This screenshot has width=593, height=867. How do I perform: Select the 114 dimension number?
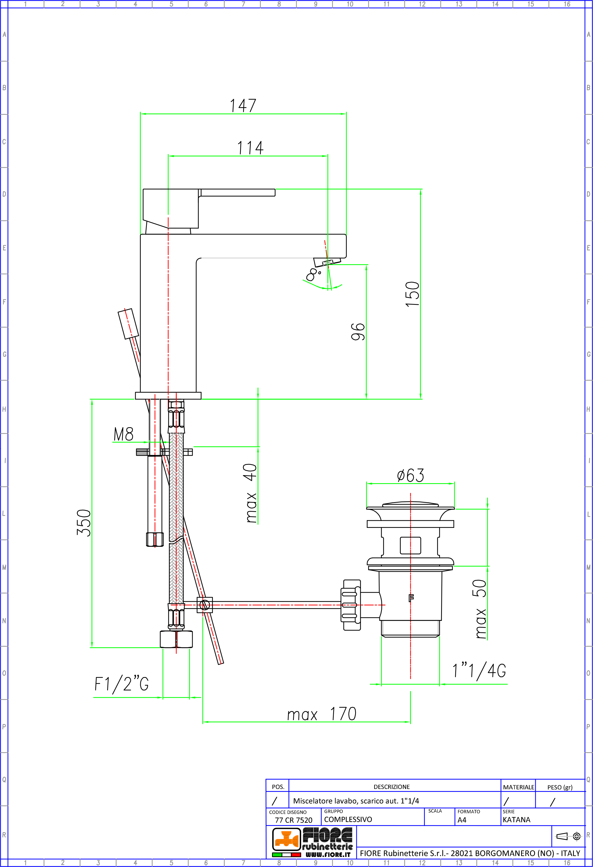(x=251, y=148)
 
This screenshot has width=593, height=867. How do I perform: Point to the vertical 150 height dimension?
(x=412, y=294)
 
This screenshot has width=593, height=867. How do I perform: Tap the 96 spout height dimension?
(x=358, y=332)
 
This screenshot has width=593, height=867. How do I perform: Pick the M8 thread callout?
(x=123, y=434)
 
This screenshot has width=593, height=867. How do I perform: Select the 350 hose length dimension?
(x=84, y=523)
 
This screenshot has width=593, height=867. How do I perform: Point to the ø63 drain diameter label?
(x=411, y=475)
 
